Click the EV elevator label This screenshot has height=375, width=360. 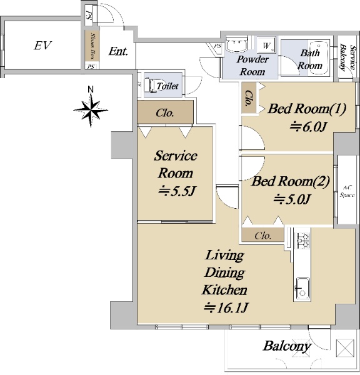[x=43, y=45]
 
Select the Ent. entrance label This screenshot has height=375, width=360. [x=118, y=51]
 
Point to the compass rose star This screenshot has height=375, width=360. [x=91, y=110]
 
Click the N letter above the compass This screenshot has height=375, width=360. [x=91, y=89]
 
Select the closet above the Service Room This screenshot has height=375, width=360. [x=165, y=112]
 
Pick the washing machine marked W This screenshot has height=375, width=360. [x=266, y=45]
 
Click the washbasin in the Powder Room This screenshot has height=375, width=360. [x=236, y=44]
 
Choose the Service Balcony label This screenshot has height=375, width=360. [x=347, y=57]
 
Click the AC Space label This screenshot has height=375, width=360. [x=347, y=191]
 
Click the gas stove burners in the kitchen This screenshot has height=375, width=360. [x=302, y=241]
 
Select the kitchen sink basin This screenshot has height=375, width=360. [x=302, y=288]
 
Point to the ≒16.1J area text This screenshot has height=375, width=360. [x=226, y=307]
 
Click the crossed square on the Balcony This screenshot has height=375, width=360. [x=345, y=347]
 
